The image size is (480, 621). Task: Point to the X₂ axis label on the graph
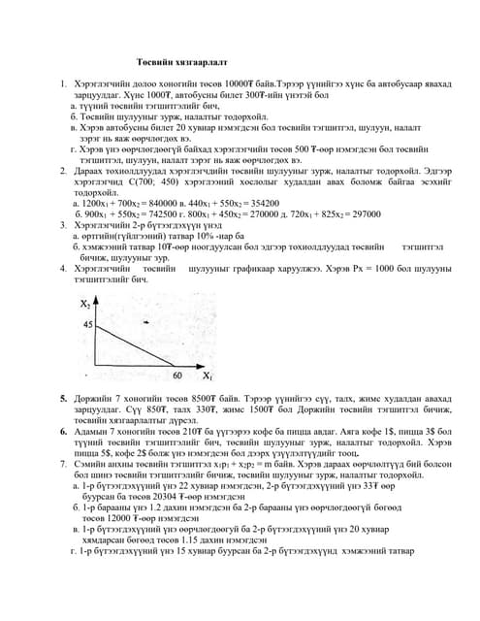pos(84,303)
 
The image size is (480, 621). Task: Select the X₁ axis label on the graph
pos(208,375)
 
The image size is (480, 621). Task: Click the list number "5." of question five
pos(64,399)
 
